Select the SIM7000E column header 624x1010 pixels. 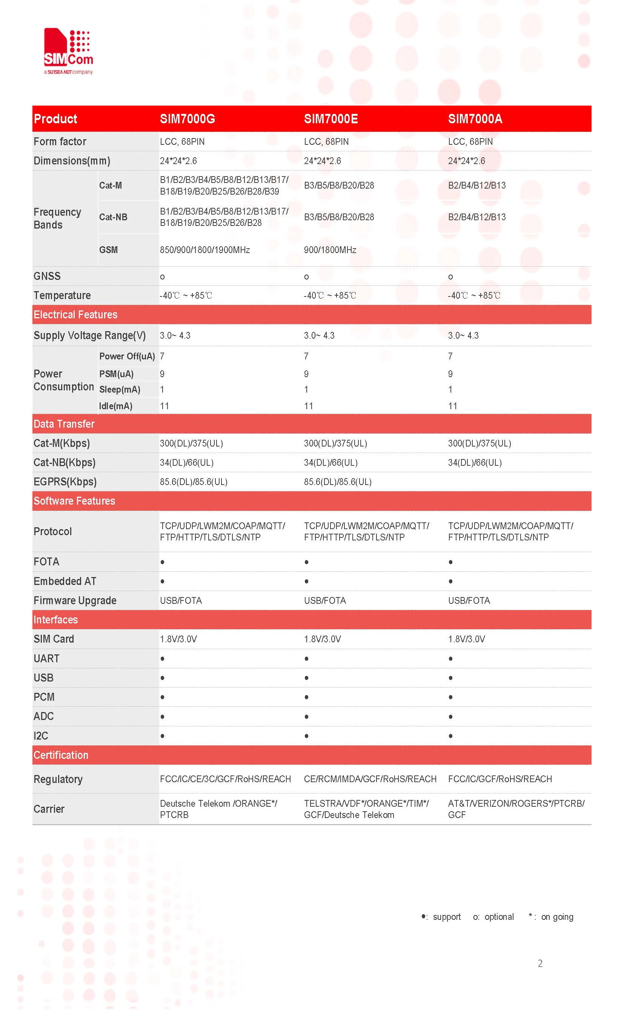click(330, 119)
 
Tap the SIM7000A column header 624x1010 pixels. click(475, 119)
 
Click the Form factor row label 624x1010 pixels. click(60, 141)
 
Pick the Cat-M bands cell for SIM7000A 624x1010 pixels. click(476, 185)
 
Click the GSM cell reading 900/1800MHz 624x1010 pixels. click(330, 250)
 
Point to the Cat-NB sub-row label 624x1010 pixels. click(113, 217)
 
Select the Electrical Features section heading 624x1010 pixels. click(75, 315)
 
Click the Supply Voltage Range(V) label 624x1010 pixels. click(89, 335)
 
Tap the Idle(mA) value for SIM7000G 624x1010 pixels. click(164, 406)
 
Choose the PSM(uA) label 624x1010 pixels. click(116, 374)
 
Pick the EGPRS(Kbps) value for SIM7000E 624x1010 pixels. click(338, 482)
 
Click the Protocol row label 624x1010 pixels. click(53, 531)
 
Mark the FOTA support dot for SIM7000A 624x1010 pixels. click(450, 562)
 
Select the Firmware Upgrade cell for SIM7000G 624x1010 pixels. click(181, 600)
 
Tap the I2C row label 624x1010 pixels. click(41, 736)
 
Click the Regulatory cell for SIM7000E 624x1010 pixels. click(370, 779)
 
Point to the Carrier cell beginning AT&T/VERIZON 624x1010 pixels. click(516, 809)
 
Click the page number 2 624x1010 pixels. click(540, 963)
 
